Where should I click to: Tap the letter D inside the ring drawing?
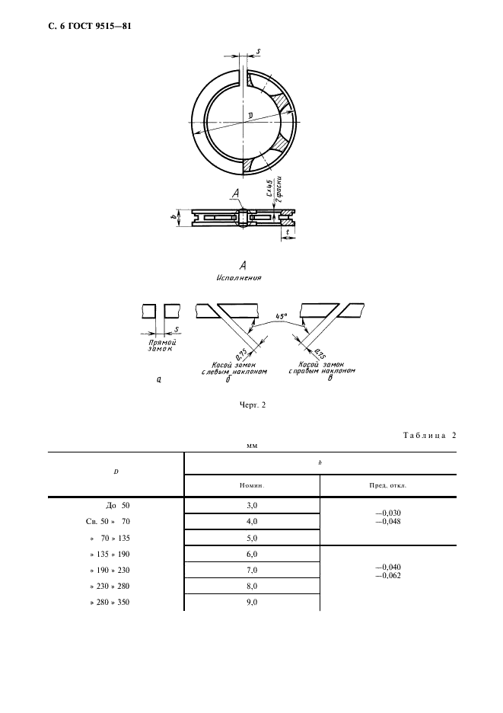pyautogui.click(x=250, y=116)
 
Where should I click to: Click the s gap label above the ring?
pyautogui.click(x=258, y=52)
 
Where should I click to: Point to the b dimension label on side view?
pyautogui.click(x=173, y=217)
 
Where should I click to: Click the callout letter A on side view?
pyautogui.click(x=235, y=194)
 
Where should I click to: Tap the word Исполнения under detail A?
pyautogui.click(x=239, y=277)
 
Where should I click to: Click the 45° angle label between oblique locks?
pyautogui.click(x=282, y=315)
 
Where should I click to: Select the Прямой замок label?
pyautogui.click(x=162, y=346)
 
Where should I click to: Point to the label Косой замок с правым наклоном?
pyautogui.click(x=322, y=367)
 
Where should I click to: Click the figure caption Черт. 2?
pyautogui.click(x=252, y=404)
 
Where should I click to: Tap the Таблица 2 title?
pyautogui.click(x=429, y=435)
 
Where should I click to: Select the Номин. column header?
pyautogui.click(x=252, y=485)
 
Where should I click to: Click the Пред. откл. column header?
pyautogui.click(x=388, y=485)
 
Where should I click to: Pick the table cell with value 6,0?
pyautogui.click(x=252, y=554)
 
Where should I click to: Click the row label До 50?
pyautogui.click(x=117, y=505)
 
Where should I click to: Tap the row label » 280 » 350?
pyautogui.click(x=110, y=602)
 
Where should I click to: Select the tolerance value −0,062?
pyautogui.click(x=388, y=576)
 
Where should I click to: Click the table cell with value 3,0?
pyautogui.click(x=252, y=505)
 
